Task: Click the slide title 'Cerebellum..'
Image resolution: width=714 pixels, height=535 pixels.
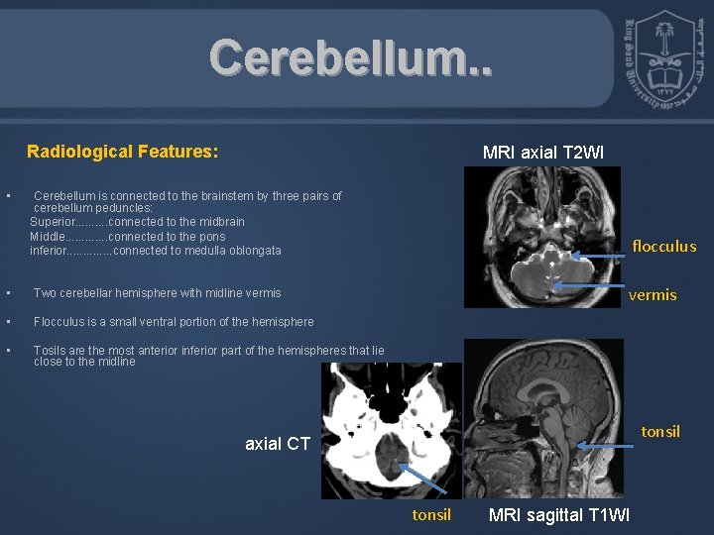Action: tap(348, 58)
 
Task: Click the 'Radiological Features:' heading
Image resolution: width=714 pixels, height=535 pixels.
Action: tap(122, 152)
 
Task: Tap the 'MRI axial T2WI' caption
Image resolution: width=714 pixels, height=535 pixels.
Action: tap(542, 153)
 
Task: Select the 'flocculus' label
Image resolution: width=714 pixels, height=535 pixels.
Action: tap(663, 247)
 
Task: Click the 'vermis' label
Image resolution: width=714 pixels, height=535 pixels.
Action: tap(653, 294)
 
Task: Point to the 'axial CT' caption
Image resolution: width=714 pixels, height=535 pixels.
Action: tap(278, 444)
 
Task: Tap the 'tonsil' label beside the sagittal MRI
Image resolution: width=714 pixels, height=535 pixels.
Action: tap(660, 431)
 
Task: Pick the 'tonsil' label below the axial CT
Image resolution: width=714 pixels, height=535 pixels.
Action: tap(431, 514)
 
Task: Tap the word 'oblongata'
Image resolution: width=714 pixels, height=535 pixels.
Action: tap(252, 251)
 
